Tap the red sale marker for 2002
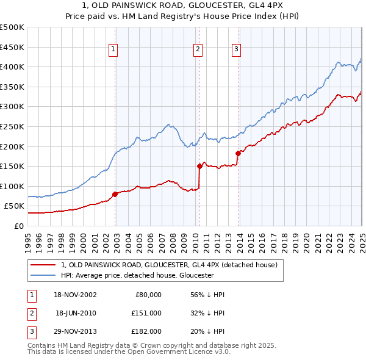pos(115,194)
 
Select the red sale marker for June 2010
pos(199,165)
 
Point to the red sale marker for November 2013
pos(238,153)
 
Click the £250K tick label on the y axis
pos(12,126)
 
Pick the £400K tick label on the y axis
pos(12,67)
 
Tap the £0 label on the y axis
pos(18,226)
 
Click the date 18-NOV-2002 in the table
pos(76,295)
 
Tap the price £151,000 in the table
pos(146,313)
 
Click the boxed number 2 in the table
pos(30,313)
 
